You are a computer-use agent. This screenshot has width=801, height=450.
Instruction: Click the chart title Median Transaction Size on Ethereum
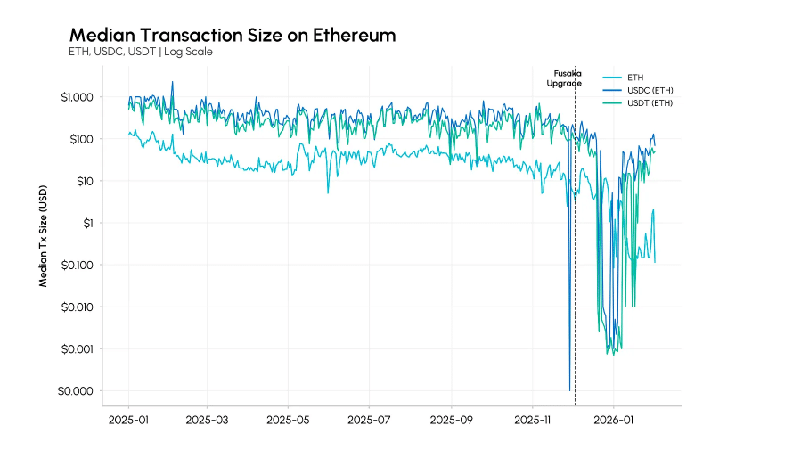233,35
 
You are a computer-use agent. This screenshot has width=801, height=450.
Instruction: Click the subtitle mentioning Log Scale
141,52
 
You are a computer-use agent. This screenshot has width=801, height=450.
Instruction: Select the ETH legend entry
635,78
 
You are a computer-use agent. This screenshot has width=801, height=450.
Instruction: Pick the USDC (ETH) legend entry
650,90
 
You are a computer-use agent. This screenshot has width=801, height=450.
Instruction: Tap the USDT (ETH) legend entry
650,103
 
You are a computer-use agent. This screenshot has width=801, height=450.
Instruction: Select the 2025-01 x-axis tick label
129,418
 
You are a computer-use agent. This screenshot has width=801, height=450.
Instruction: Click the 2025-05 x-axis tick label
288,418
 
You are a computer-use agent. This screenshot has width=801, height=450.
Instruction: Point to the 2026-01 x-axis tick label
614,418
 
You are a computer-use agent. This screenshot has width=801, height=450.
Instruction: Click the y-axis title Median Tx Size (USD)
43,236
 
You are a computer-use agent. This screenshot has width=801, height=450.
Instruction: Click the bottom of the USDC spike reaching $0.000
569,389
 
